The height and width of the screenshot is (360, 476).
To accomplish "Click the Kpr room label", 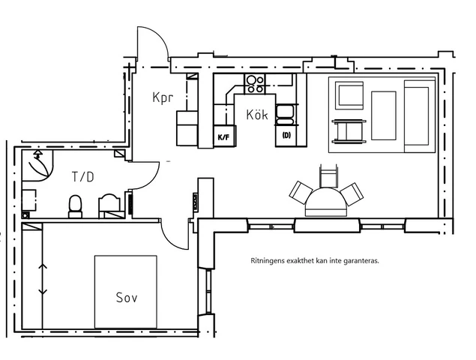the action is point(163,97).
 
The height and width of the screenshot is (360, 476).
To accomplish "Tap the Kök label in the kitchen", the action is point(257,115).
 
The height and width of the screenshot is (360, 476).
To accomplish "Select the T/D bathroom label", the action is point(83,177).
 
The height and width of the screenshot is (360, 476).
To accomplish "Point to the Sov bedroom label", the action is point(127,298).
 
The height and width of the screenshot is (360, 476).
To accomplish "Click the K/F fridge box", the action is point(224,136).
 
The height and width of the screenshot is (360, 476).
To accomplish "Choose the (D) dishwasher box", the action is point(286,136).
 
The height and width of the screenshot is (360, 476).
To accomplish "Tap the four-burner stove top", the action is point(255,84).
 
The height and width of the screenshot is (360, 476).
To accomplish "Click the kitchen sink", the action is point(284,115).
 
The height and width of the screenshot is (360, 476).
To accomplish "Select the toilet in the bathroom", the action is point(75,206).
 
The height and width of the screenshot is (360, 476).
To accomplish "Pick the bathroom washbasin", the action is point(110,206).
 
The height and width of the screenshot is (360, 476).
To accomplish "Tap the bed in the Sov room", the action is point(126,292).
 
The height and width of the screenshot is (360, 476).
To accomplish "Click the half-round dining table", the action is point(326,202).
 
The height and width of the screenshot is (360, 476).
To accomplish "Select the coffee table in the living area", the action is point(384,115).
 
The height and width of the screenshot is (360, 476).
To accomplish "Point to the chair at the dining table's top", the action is point(328,176).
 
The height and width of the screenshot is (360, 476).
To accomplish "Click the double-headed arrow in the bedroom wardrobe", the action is point(43,279).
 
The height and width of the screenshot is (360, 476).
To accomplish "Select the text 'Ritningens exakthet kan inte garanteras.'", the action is point(315,261).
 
